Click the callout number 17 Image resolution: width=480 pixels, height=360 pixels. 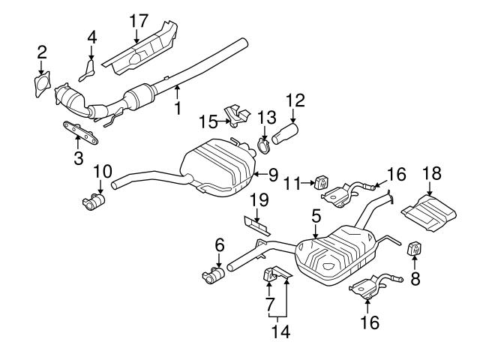136,20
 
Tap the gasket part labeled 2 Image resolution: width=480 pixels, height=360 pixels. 43,81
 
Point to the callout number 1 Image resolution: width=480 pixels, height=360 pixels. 178,108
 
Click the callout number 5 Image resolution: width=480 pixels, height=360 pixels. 316,216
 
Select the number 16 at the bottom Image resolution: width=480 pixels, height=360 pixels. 369,323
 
